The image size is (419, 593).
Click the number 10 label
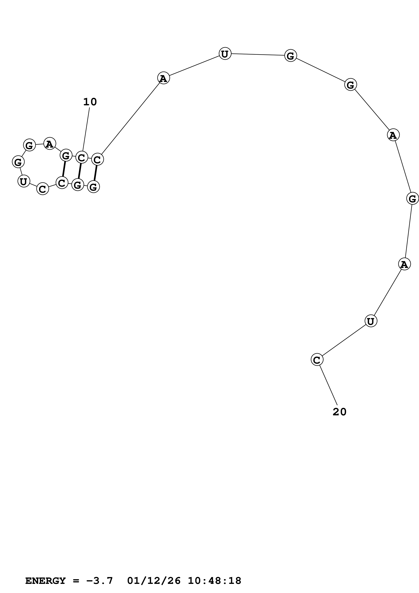click(90, 102)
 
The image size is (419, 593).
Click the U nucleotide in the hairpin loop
click(23, 181)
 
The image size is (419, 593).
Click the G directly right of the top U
click(290, 55)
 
